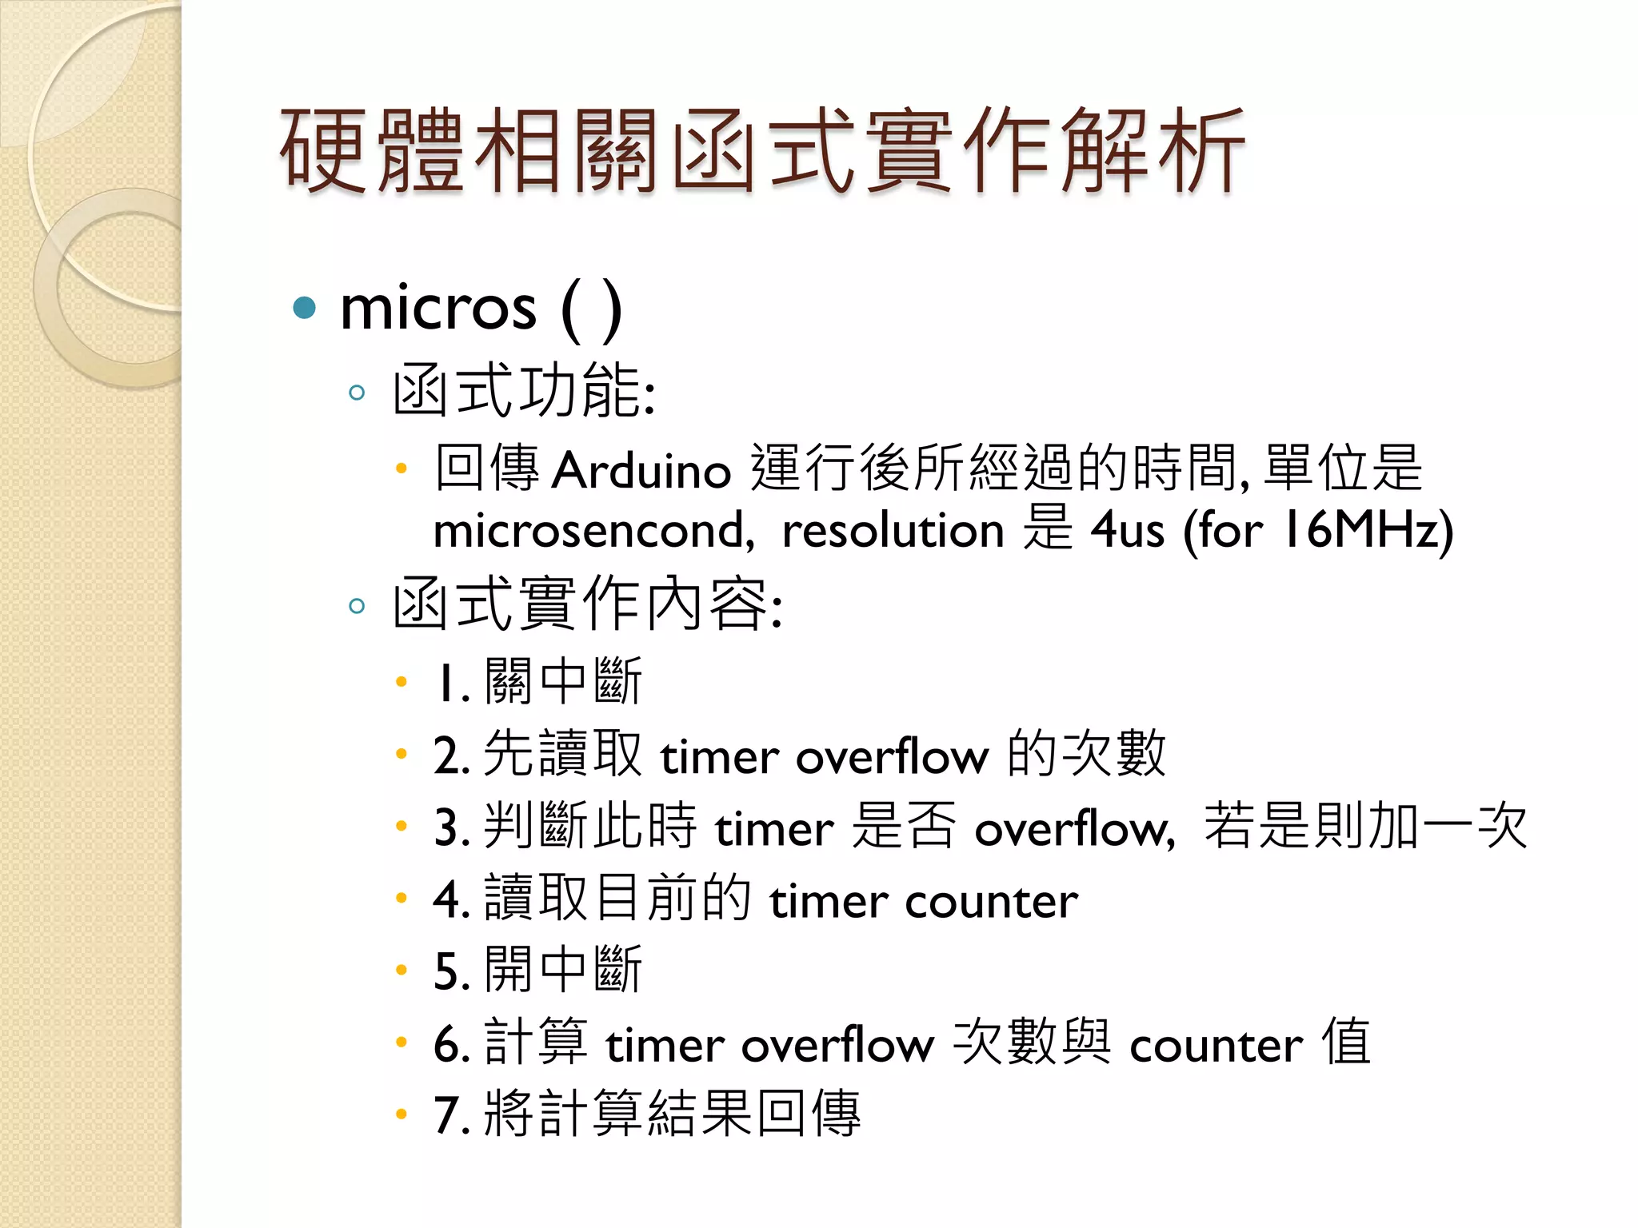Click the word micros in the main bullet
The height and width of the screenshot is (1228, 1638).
click(x=438, y=309)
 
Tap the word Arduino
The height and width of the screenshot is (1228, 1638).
click(x=641, y=470)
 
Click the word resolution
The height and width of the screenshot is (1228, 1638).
click(x=893, y=531)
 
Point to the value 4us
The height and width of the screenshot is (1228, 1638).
click(x=1128, y=531)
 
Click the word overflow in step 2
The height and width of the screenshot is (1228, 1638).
click(x=892, y=756)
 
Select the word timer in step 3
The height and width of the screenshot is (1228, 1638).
click(x=774, y=828)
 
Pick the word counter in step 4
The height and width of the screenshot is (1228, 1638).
click(x=992, y=902)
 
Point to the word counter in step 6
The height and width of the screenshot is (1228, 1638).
click(x=1216, y=1044)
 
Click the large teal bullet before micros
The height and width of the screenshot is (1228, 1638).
click(x=305, y=308)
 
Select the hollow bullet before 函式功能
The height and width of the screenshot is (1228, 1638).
click(x=357, y=393)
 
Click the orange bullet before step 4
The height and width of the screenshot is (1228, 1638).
click(x=402, y=899)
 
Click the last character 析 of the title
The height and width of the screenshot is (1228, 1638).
click(x=1200, y=152)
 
